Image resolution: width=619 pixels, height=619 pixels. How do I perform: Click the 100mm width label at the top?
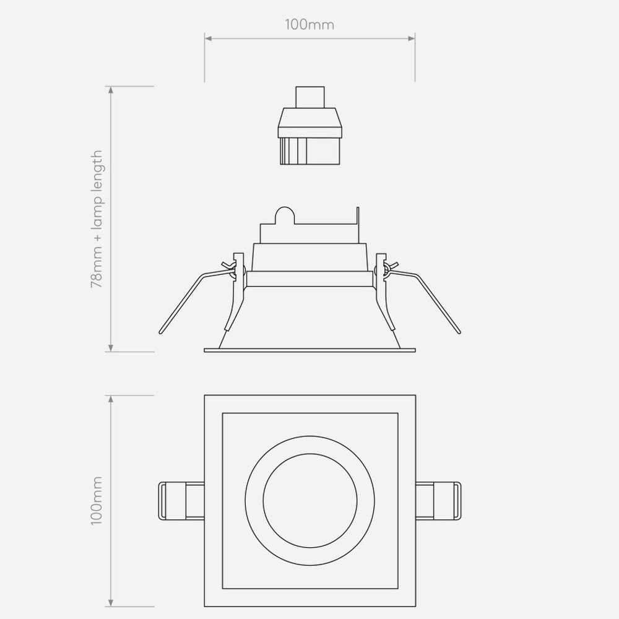[x=309, y=25]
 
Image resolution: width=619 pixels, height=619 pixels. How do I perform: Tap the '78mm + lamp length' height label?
[x=97, y=219]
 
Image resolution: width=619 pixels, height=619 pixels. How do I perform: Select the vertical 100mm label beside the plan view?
[x=97, y=501]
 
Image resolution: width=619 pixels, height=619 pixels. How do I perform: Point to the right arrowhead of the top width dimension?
[x=412, y=38]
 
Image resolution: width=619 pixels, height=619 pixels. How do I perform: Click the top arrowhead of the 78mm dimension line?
[x=111, y=90]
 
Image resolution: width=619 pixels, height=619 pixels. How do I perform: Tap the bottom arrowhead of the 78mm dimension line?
[x=111, y=348]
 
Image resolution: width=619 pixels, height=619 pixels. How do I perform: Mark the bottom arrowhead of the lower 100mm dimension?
[x=111, y=602]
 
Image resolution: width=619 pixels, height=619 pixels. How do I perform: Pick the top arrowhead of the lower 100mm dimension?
[x=111, y=399]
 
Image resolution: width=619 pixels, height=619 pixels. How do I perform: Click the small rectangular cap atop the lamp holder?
[x=310, y=97]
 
